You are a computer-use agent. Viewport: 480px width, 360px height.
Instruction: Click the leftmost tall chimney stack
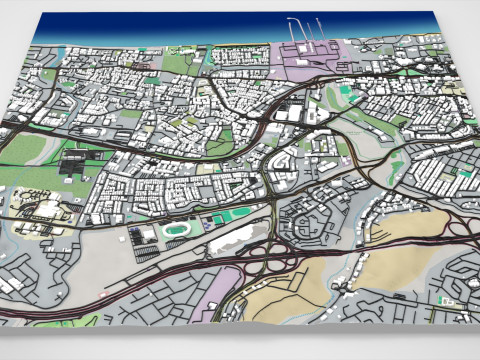tap(292, 30)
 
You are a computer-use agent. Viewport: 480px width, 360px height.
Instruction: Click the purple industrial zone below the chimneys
tap(310, 66)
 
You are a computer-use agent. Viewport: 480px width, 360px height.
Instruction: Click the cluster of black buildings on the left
tap(75, 161)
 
